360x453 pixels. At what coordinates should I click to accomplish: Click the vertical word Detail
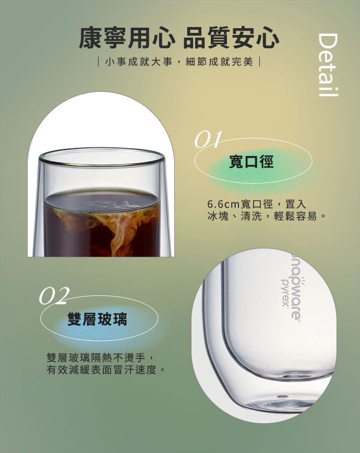(328, 65)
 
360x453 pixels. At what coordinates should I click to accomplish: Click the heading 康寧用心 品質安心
(179, 38)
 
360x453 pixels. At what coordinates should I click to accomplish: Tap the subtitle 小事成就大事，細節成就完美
(179, 62)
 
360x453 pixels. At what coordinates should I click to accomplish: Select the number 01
(208, 139)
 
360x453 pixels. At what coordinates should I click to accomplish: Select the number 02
(54, 295)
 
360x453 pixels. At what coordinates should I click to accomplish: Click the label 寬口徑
(251, 161)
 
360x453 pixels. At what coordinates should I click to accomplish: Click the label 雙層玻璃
(98, 319)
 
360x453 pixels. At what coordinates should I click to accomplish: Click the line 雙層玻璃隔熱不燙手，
(101, 357)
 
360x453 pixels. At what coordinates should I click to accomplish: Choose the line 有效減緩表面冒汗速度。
(105, 369)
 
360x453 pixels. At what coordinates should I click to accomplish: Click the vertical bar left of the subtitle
(99, 62)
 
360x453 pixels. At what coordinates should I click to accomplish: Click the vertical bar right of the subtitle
(260, 62)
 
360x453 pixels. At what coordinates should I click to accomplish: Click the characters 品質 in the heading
(207, 38)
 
